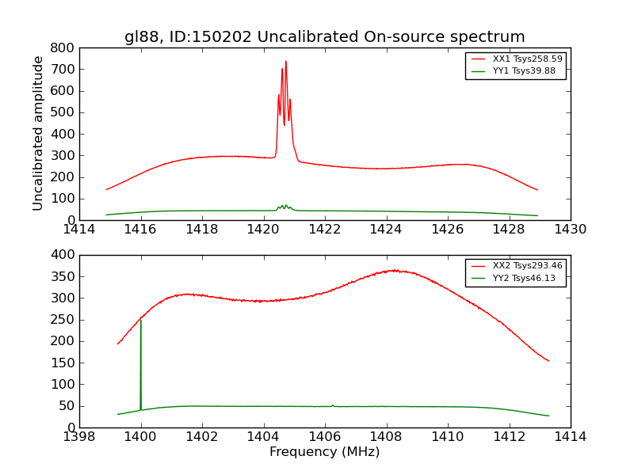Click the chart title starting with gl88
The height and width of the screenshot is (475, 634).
pos(324,36)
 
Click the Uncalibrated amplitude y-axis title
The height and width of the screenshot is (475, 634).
pos(38,133)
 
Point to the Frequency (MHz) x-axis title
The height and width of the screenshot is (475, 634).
pos(324,452)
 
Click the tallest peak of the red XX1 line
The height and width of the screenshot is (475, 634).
pos(285,61)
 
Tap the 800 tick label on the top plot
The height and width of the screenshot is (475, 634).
pos(63,47)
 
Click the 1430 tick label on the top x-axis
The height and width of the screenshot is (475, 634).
pos(570,230)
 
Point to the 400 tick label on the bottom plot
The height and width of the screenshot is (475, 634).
pos(63,255)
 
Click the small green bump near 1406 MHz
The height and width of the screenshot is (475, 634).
pos(332,405)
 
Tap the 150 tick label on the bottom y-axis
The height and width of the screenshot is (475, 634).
pos(63,363)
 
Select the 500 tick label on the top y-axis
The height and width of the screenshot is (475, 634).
pos(63,112)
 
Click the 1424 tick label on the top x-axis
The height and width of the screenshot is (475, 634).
pos(386,230)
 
